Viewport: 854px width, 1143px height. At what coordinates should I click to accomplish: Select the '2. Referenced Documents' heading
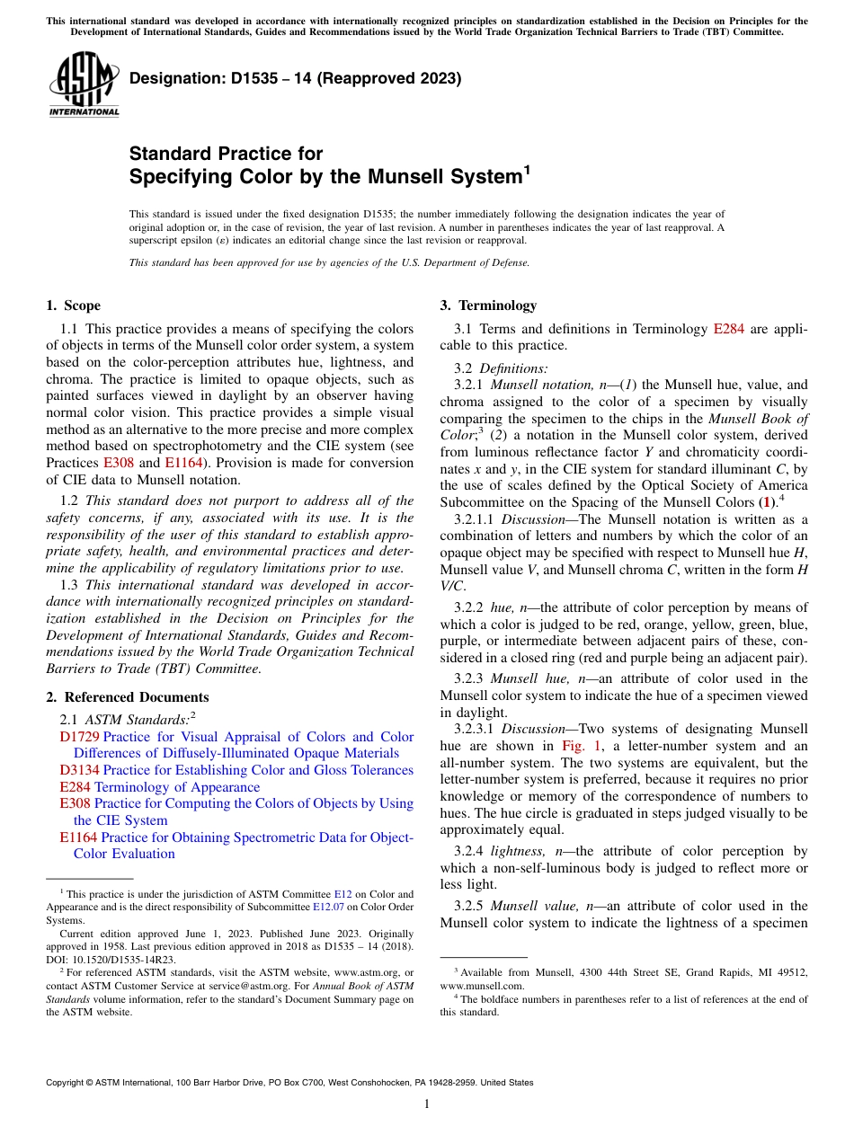(127, 697)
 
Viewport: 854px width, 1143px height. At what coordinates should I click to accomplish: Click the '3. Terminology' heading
(488, 306)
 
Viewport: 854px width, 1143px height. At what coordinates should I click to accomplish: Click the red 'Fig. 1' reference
(578, 746)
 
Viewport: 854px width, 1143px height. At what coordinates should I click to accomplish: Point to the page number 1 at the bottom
(427, 1104)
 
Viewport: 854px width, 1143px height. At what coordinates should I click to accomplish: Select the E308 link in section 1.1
(117, 463)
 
